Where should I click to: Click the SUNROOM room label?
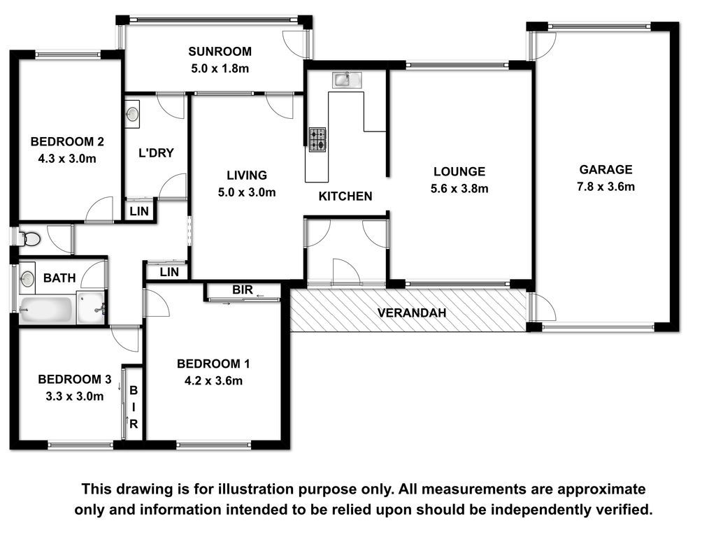point(220,51)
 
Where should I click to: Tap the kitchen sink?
point(347,80)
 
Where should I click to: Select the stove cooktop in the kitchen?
point(317,140)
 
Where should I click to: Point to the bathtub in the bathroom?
point(46,310)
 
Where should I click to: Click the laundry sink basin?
point(132,113)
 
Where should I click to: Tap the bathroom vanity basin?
point(27,278)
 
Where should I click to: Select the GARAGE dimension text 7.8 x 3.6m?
point(606,187)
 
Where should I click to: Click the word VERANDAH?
point(412,313)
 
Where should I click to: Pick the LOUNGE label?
point(459,172)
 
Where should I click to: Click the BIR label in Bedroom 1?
point(242,289)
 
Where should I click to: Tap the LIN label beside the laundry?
point(139,211)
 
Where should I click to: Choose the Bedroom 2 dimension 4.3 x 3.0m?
point(67,159)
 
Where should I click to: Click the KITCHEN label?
point(345,196)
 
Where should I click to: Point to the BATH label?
point(59,278)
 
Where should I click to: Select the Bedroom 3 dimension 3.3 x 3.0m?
point(74,396)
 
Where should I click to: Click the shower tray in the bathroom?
point(91,308)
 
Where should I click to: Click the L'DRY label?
point(156,152)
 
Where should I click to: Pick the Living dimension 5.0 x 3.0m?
point(247,192)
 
